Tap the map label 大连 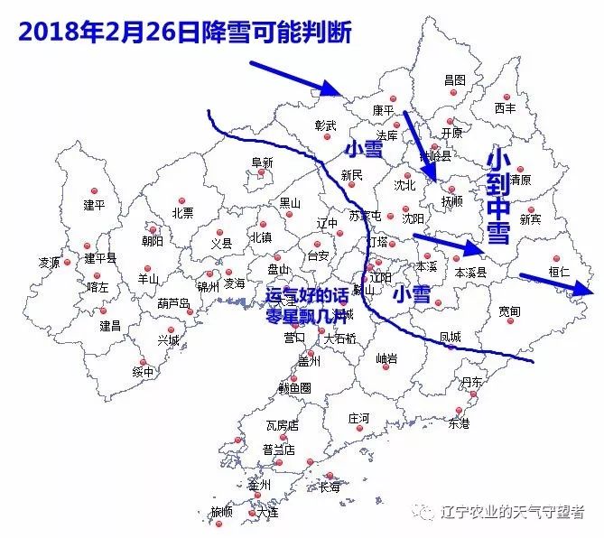[x=267, y=512]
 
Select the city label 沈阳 [x=413, y=218]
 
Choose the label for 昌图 [x=455, y=79]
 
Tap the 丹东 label [x=471, y=383]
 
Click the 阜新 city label [x=262, y=162]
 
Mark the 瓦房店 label [x=282, y=424]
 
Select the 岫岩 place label [x=387, y=358]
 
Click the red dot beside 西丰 [x=507, y=97]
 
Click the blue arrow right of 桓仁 [x=569, y=285]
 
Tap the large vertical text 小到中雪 [x=498, y=197]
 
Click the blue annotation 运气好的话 [x=307, y=295]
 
